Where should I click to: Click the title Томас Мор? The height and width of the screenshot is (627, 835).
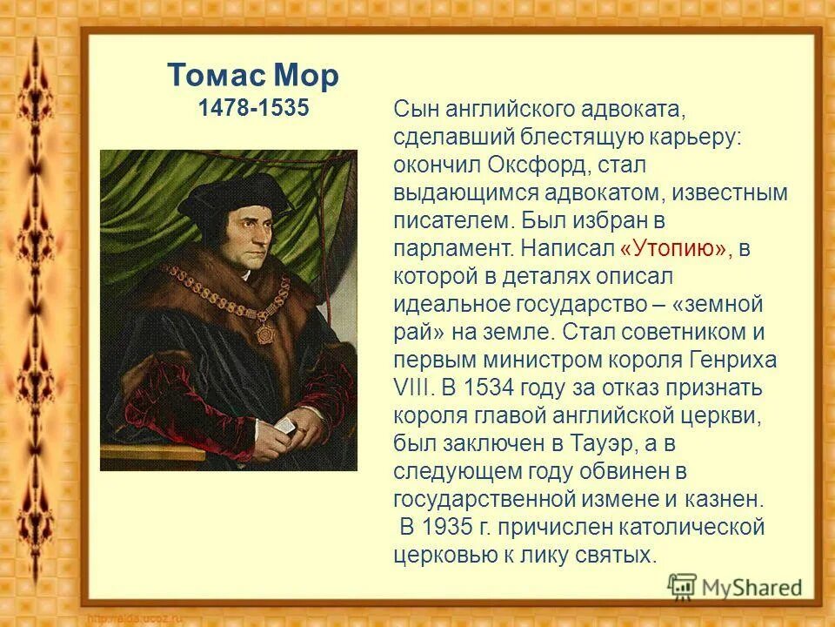click(x=252, y=76)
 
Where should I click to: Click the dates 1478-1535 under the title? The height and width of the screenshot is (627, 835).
click(x=252, y=109)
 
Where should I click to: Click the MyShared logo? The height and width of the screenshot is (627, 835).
click(x=735, y=585)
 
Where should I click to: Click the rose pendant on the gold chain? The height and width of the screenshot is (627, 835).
click(x=264, y=334)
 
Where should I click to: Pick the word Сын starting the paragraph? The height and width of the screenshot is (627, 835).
click(x=413, y=109)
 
